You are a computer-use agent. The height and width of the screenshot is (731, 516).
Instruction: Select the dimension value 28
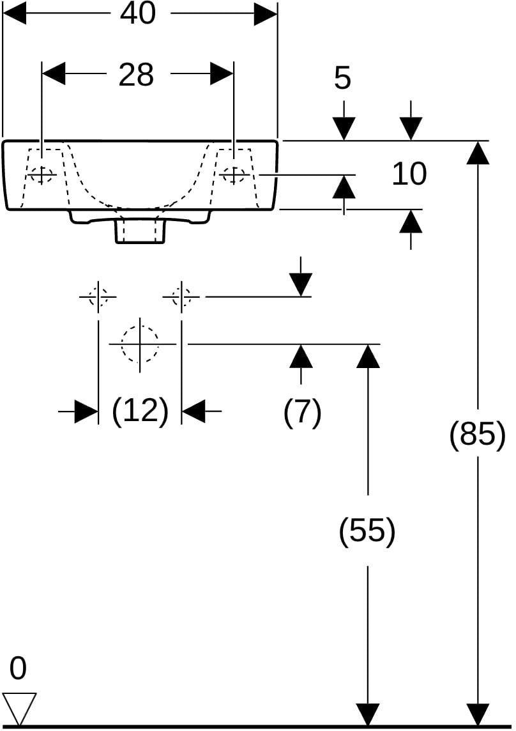click(136, 75)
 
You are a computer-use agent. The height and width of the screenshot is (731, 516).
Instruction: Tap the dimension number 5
click(342, 78)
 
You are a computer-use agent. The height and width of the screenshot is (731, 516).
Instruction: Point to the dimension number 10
click(409, 174)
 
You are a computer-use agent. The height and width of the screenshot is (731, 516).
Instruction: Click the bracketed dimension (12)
click(140, 411)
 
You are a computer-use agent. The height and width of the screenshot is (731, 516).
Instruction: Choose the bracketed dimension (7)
click(303, 412)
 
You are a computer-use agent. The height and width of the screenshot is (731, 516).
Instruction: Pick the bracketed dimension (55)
click(367, 530)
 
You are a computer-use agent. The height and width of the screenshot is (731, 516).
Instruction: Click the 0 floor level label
click(18, 668)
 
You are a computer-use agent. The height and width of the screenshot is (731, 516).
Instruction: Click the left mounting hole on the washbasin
click(42, 175)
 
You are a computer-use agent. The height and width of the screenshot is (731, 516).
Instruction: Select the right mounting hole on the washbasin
click(234, 175)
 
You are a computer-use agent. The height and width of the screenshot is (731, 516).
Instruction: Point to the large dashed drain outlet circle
click(140, 344)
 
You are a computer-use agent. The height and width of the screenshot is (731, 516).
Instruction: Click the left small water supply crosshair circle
click(98, 296)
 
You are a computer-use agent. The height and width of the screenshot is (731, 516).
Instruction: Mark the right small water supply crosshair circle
click(181, 296)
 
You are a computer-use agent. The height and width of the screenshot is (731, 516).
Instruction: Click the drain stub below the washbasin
click(140, 230)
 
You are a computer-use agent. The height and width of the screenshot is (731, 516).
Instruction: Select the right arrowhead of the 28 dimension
click(222, 73)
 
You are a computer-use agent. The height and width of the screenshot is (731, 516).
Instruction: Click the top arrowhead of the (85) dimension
click(478, 153)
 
